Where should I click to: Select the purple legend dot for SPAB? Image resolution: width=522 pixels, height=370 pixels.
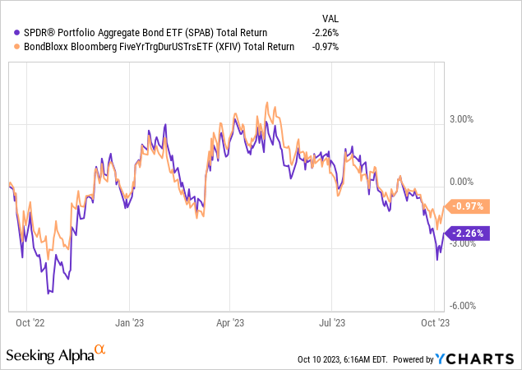click(x=8, y=32)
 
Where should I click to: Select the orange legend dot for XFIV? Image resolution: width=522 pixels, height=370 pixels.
click(x=8, y=46)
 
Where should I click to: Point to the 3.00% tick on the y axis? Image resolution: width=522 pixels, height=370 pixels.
click(x=460, y=119)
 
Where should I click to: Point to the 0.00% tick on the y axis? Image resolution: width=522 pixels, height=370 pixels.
click(x=460, y=181)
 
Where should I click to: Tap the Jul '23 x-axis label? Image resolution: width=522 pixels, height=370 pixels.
click(x=333, y=323)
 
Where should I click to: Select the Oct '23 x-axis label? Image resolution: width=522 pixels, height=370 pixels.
click(x=435, y=323)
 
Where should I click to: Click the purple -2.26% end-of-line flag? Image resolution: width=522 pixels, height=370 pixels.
click(x=468, y=233)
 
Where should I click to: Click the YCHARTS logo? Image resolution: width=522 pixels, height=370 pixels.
click(x=476, y=358)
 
